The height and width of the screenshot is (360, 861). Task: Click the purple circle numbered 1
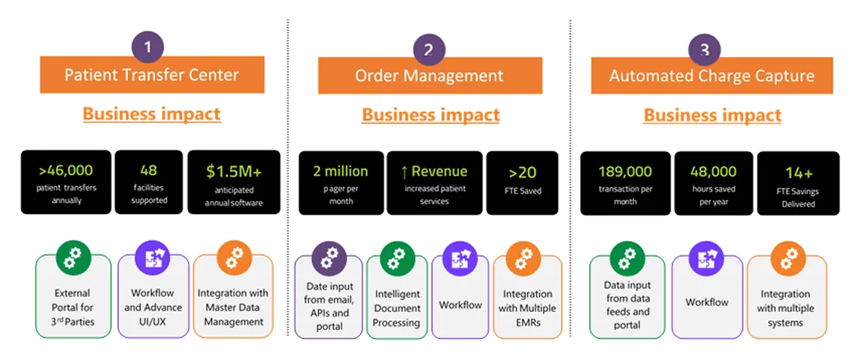click(x=147, y=48)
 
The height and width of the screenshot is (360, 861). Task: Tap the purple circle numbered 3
click(x=704, y=50)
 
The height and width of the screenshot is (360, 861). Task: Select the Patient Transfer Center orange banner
click(x=152, y=75)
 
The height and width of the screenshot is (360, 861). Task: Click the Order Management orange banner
click(x=429, y=76)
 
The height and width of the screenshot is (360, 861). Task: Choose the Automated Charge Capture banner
click(x=711, y=76)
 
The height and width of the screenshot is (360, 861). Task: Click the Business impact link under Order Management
click(x=431, y=115)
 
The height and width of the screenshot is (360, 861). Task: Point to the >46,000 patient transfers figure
click(x=66, y=171)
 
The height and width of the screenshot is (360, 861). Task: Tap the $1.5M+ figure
click(x=234, y=171)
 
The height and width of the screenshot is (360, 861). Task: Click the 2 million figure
click(x=341, y=171)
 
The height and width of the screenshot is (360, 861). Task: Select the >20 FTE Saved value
click(x=522, y=172)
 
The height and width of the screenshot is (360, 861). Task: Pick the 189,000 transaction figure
click(x=625, y=171)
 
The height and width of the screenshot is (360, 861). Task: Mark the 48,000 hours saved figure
click(x=713, y=171)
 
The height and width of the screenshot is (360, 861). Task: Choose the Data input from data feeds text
click(x=627, y=305)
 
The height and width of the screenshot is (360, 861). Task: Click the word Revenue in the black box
click(x=439, y=171)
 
